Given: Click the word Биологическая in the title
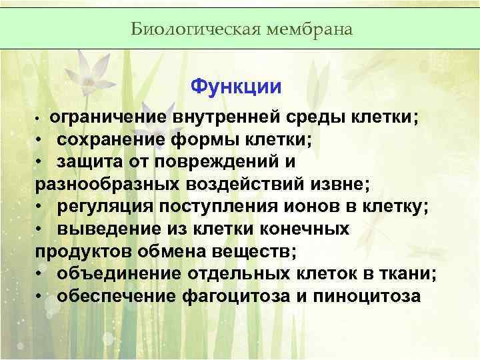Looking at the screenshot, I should pos(178,29).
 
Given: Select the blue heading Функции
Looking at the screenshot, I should pos(236,87).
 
